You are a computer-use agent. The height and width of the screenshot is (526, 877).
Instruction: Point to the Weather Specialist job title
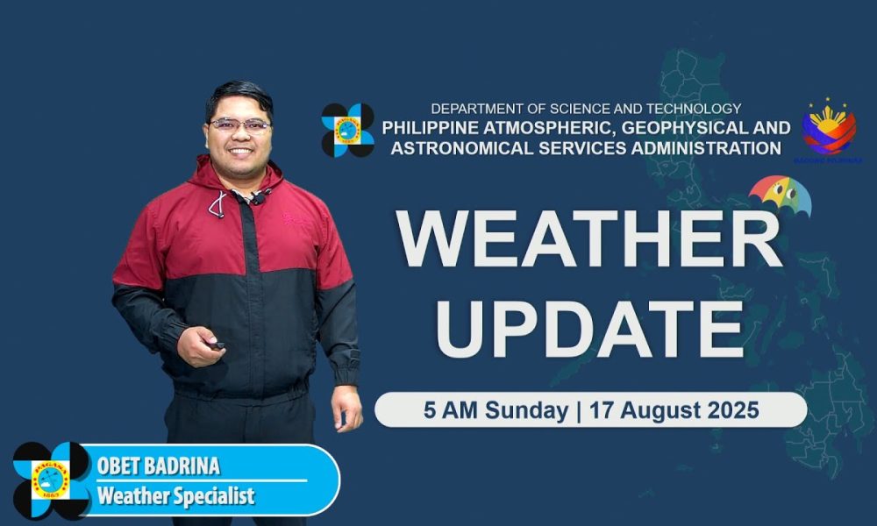pyautogui.click(x=175, y=496)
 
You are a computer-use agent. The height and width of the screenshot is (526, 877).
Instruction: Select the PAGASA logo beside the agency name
pyautogui.click(x=347, y=130)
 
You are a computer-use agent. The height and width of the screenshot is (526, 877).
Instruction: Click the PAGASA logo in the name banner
pyautogui.click(x=51, y=480)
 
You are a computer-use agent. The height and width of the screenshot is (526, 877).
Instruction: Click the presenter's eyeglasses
pyautogui.click(x=239, y=125)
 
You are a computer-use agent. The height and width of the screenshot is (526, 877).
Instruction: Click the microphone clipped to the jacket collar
pyautogui.click(x=260, y=196)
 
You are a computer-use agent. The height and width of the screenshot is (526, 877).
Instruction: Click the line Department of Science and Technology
pyautogui.click(x=586, y=109)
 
